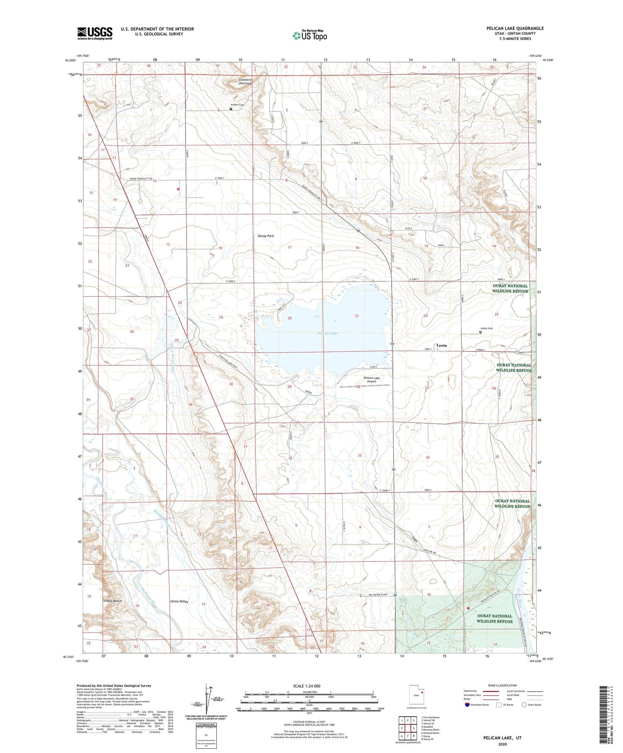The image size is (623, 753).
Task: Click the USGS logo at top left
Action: click(x=95, y=33)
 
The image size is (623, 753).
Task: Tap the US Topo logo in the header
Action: click(x=310, y=36)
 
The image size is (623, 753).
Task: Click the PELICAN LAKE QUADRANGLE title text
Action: click(x=515, y=28)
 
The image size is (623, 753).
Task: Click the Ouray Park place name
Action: click(x=266, y=236)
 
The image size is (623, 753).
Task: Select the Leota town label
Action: click(x=442, y=345)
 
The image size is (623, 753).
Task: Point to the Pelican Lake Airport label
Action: click(x=371, y=380)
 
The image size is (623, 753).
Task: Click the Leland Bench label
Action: click(x=112, y=601)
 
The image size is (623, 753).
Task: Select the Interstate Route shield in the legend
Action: click(x=467, y=705)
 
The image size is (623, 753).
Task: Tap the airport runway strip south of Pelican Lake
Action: click(x=365, y=386)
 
